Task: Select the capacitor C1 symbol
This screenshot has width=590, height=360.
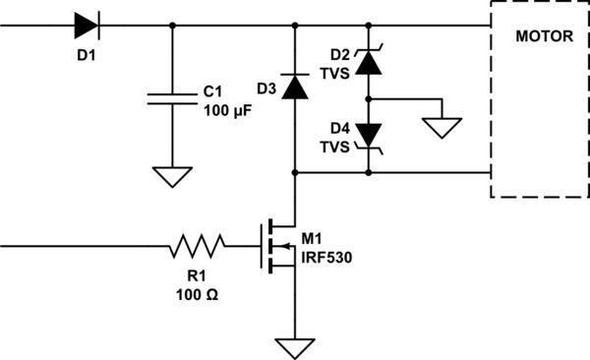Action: coord(173,97)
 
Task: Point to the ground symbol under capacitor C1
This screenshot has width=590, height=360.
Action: coord(173,176)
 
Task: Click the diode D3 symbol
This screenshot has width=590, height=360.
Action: coord(294,88)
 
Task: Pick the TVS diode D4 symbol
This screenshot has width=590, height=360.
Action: coord(369,135)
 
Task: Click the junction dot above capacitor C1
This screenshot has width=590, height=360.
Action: coord(173,26)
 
